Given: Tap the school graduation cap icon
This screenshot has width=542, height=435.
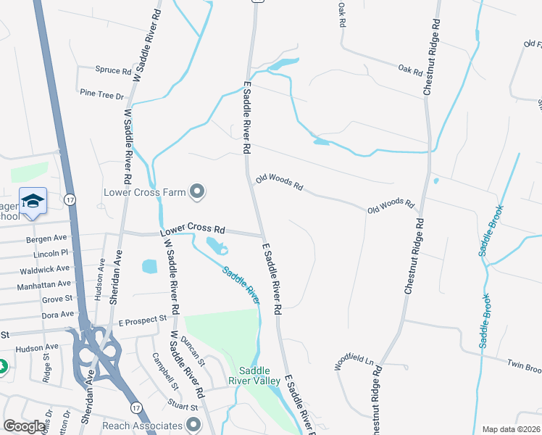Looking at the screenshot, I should coord(33,201).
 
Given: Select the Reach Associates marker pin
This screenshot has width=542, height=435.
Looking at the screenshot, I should coord(193,425).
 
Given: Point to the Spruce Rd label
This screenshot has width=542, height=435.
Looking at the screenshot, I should coord(112,71).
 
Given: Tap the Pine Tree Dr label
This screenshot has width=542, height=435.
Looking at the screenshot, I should coord(102,94).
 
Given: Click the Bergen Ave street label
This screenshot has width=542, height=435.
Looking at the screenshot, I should coord(46,239).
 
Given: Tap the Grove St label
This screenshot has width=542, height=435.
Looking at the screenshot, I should coord(57,299).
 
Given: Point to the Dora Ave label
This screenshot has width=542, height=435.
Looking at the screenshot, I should coord(58,315).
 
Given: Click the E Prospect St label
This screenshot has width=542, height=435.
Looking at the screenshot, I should coord(142,320).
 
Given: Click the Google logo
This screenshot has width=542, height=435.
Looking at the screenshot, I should coord(25,426).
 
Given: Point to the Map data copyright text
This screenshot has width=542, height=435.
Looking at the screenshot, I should coord(510,429).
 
